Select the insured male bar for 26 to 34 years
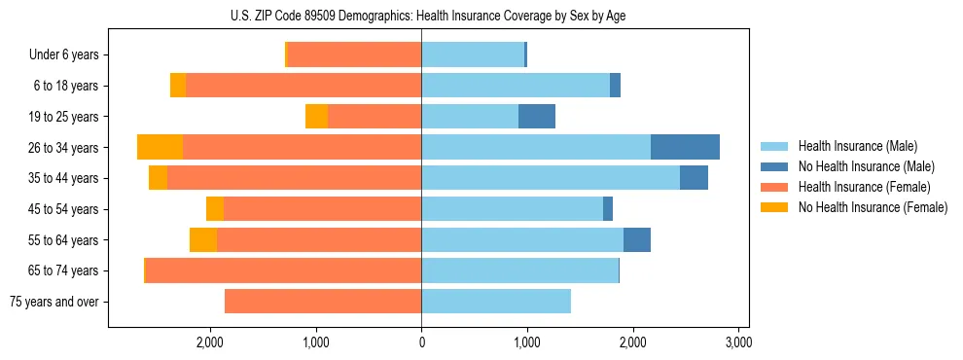click(535, 147)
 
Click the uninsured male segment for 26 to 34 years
click(685, 147)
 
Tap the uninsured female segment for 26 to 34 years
click(160, 147)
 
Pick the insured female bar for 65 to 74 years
click(283, 270)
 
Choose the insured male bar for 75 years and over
click(496, 302)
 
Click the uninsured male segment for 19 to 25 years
click(537, 117)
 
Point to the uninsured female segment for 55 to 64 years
click(203, 239)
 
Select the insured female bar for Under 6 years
click(354, 54)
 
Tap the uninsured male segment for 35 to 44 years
click(694, 178)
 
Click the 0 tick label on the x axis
click(421, 342)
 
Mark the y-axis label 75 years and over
click(54, 302)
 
